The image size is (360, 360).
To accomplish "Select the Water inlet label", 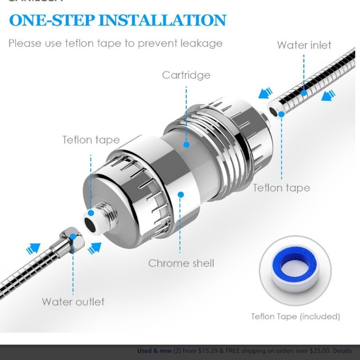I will (x=304, y=45).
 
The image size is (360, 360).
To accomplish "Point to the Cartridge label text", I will (x=186, y=75).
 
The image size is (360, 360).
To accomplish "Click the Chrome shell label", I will (x=181, y=263).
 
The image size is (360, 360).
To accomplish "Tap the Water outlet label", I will (x=73, y=301).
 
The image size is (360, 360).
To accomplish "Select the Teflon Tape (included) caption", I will (x=295, y=316).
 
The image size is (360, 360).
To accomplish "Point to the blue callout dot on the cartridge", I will (x=186, y=144).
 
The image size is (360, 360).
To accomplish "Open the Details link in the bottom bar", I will (x=342, y=351).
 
